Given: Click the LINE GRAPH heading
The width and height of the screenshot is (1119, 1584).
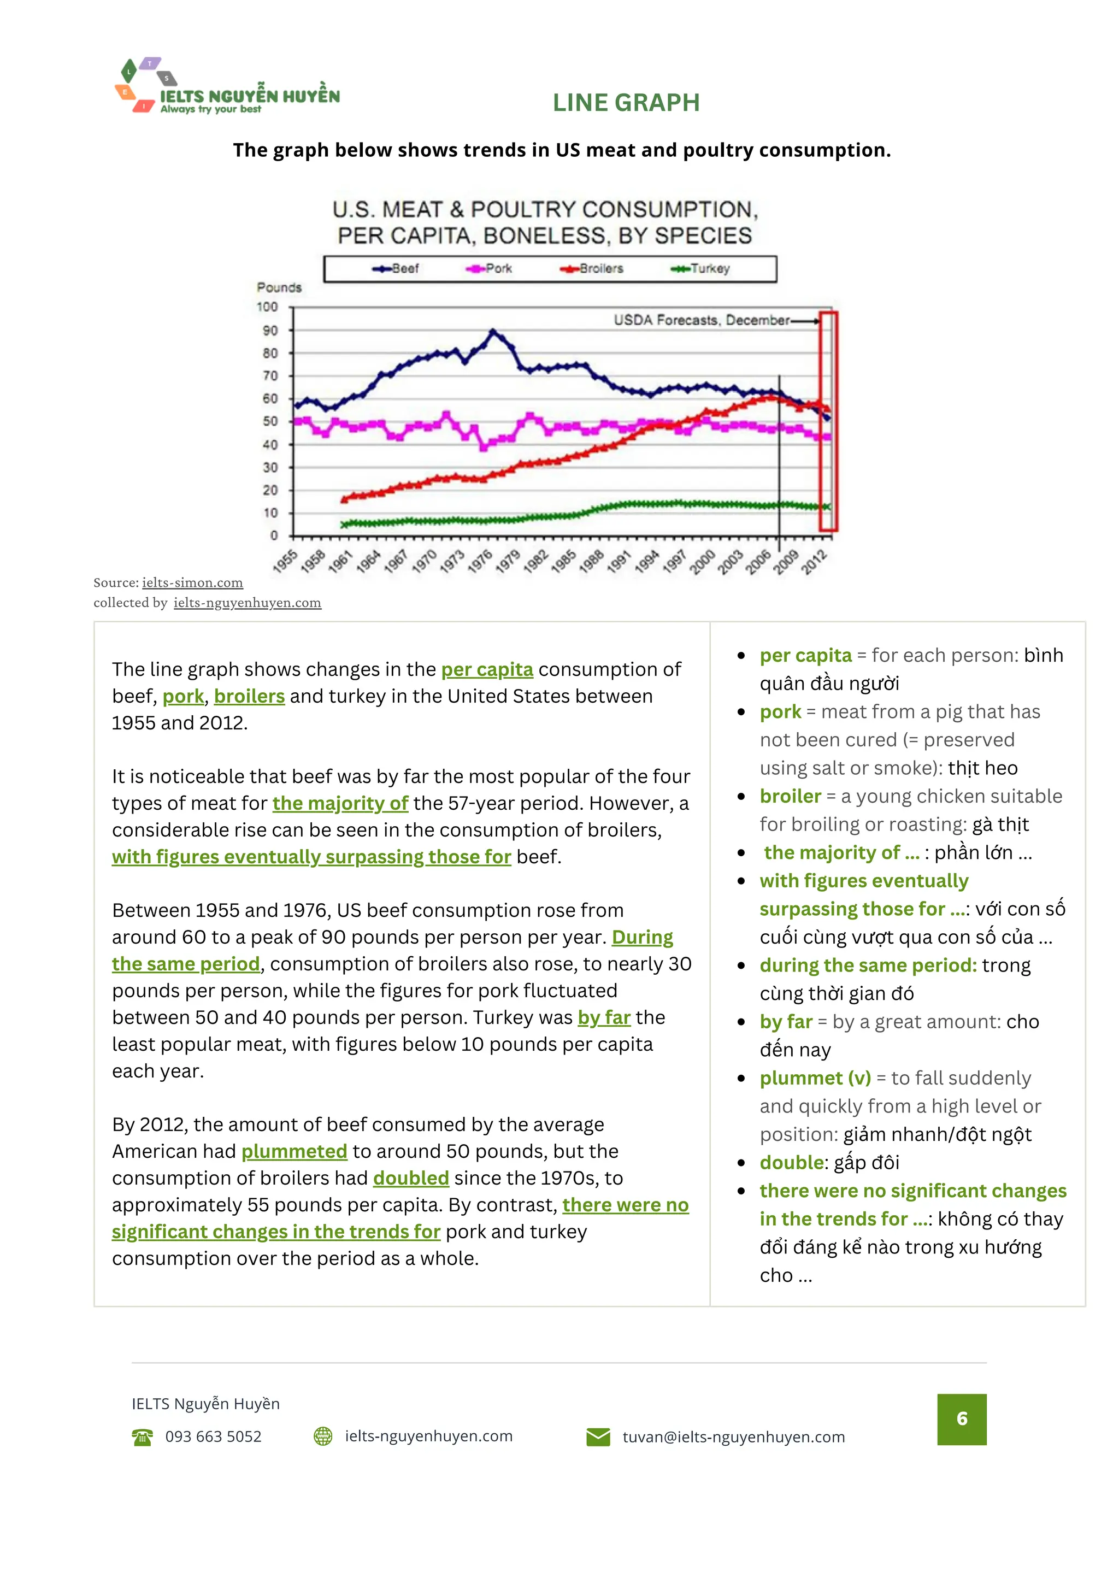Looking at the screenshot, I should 626,103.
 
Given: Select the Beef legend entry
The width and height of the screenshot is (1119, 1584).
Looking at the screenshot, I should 397,268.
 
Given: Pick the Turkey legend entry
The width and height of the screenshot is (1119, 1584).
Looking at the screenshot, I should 701,268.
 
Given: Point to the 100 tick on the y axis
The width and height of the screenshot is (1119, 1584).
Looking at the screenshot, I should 267,307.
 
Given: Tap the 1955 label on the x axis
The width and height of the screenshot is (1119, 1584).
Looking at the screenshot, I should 284,561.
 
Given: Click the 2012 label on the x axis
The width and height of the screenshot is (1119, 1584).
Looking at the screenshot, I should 814,562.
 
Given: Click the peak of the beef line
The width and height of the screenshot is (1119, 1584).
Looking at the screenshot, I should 493,332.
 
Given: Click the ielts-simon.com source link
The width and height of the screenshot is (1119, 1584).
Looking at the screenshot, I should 192,582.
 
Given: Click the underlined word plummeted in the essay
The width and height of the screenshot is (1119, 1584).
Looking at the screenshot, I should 294,1151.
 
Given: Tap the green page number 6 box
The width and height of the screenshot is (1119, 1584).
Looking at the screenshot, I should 961,1418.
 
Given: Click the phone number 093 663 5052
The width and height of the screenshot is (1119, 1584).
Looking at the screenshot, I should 213,1436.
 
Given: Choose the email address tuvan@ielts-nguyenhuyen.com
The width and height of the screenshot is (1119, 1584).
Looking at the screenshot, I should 733,1436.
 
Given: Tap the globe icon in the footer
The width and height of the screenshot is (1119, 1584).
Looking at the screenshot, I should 323,1436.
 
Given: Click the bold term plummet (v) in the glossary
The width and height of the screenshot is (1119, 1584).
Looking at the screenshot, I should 815,1077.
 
